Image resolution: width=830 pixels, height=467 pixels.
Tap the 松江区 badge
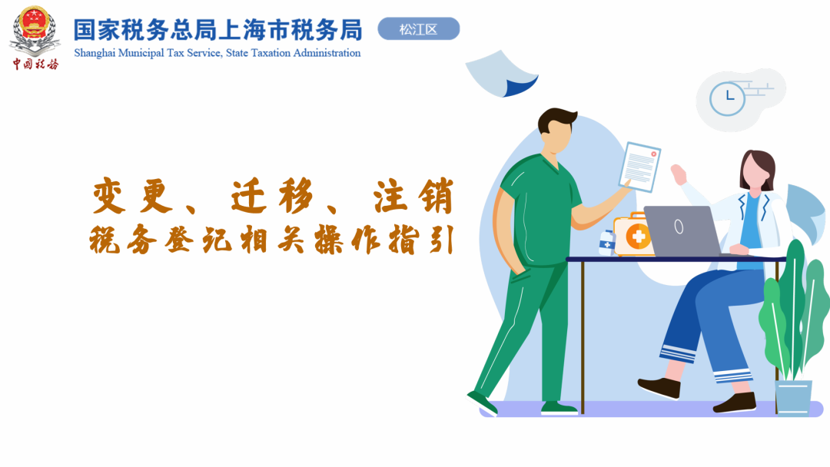point(419,29)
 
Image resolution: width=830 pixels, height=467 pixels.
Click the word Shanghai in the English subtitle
point(95,54)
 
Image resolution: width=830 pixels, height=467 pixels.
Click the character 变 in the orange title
point(110,196)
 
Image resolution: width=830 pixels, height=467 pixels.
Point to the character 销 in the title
point(435,196)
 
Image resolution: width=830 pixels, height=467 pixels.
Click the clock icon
point(727,99)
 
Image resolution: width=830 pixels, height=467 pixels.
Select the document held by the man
point(640,167)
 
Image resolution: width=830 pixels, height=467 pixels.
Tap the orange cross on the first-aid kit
point(639,236)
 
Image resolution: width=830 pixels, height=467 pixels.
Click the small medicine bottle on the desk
point(606,243)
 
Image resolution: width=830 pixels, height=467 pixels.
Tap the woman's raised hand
point(679,174)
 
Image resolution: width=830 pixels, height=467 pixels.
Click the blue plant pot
point(793,397)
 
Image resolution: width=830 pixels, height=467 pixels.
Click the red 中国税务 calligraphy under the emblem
point(35,64)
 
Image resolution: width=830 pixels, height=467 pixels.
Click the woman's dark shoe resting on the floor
point(735,403)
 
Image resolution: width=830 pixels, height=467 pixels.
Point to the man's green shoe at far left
point(482,403)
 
